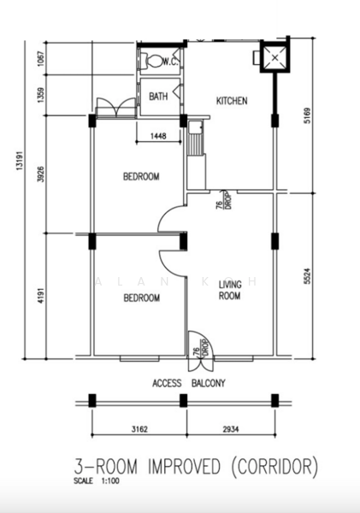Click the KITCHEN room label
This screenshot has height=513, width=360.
[232, 101]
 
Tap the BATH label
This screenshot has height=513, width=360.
[158, 97]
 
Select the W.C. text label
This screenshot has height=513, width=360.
[170, 62]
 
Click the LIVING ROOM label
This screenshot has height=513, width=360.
[229, 291]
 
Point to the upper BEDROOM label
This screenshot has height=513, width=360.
[141, 177]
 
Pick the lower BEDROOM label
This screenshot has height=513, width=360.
[141, 298]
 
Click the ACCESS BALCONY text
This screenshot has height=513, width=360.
[189, 383]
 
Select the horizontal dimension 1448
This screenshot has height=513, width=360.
[158, 135]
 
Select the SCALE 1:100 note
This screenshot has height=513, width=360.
[97, 481]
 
